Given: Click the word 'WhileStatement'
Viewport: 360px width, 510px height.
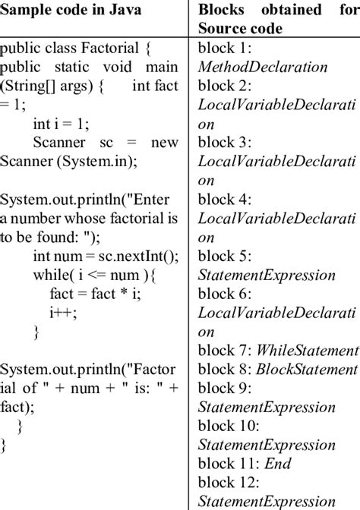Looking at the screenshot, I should click(x=308, y=350).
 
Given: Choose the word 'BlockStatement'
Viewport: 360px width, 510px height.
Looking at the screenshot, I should click(x=308, y=369).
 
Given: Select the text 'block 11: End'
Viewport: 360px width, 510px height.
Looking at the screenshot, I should click(x=244, y=463).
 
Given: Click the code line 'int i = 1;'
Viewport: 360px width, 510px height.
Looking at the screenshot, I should click(x=65, y=123).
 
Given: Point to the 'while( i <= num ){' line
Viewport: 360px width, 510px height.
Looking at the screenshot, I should click(x=94, y=275).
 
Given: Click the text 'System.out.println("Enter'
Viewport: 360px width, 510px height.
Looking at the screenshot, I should click(x=89, y=200).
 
